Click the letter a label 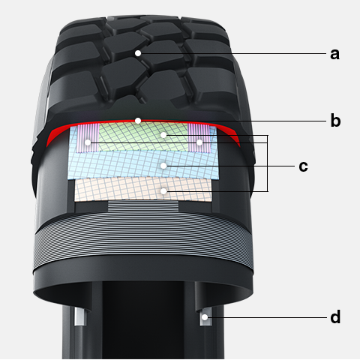tap(334, 54)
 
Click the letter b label tap(335, 120)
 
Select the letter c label tap(303, 166)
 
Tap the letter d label tap(335, 316)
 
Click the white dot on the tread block tap(138, 53)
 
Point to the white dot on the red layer tap(138, 121)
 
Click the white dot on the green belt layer tap(163, 135)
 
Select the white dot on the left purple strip tap(88, 142)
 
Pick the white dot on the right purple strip tap(199, 142)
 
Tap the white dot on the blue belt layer tap(163, 166)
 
